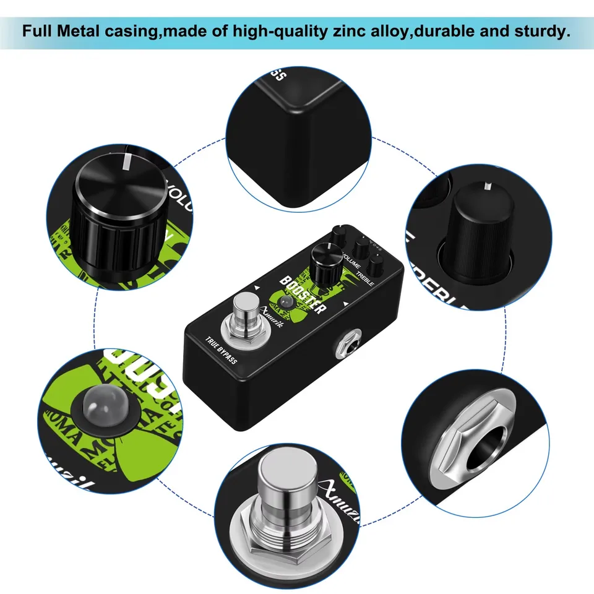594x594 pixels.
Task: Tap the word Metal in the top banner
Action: (x=88, y=31)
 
